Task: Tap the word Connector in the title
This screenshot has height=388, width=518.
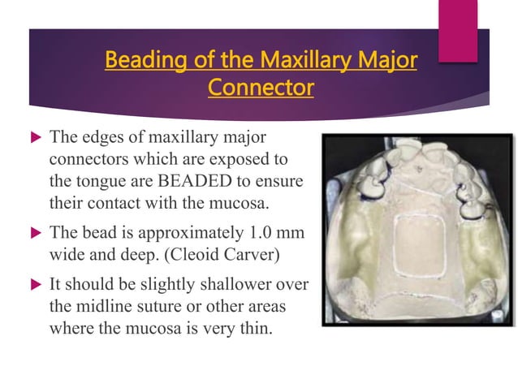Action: (x=261, y=87)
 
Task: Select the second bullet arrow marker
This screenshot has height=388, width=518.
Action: (x=32, y=234)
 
